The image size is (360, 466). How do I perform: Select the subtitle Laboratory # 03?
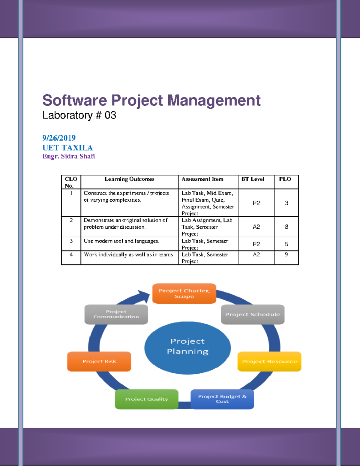79,116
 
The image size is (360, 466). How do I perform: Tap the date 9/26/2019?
59,138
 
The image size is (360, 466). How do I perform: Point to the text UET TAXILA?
67,148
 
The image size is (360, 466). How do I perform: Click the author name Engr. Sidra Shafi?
69,156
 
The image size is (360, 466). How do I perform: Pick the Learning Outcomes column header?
129,179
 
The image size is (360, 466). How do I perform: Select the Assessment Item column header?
202,179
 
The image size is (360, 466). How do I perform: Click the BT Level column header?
253,179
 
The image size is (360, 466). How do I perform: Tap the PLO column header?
285,179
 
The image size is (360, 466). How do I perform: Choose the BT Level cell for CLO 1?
256,203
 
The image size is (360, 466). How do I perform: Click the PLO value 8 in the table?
286,227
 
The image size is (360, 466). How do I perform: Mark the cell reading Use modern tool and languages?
121,241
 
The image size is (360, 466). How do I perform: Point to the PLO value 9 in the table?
286,254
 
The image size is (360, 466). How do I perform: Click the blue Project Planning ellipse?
187,348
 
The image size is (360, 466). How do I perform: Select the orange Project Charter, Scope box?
184,293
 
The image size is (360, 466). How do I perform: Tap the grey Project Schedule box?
253,314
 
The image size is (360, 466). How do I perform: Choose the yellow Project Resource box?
269,362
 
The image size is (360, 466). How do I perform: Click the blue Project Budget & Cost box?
222,399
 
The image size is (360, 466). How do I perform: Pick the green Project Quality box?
147,399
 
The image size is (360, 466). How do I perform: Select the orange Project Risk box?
99,362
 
